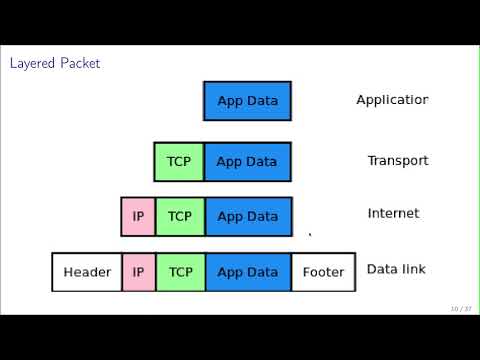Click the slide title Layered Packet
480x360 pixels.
55,64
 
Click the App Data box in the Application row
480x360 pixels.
247,101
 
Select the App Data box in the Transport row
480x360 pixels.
247,162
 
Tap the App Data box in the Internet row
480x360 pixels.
247,217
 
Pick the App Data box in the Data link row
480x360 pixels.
247,272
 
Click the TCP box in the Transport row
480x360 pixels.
179,162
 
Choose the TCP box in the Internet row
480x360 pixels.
179,217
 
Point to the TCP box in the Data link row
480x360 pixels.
179,272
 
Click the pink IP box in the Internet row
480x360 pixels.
138,217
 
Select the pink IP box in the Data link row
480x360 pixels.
138,272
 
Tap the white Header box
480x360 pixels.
87,272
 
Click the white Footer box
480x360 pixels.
323,272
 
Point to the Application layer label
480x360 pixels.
392,100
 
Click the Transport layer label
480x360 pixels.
397,161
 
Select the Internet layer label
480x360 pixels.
393,213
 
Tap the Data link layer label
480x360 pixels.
397,269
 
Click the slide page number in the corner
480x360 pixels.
460,308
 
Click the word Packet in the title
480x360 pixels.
79,64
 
